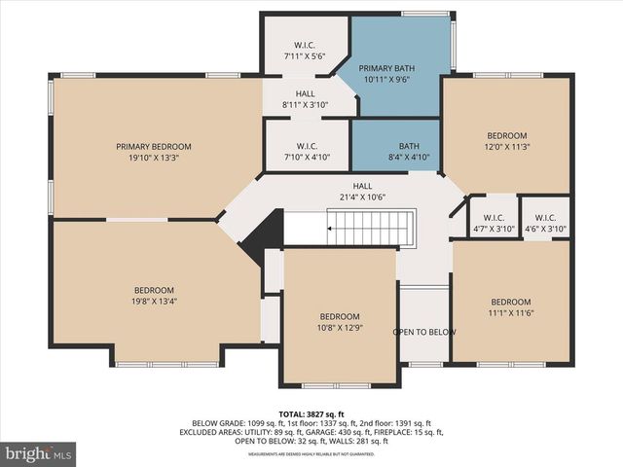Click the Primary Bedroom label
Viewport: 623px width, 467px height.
coord(154,146)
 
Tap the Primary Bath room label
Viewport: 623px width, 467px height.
coord(386,68)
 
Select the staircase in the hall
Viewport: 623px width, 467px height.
coord(371,231)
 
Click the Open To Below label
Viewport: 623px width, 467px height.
coord(424,333)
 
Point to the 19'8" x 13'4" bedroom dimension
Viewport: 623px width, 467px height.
coord(154,302)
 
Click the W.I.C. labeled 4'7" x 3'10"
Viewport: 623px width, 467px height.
coord(493,223)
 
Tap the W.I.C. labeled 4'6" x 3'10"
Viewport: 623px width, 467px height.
coord(545,223)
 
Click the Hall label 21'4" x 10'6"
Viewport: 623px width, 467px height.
coord(362,192)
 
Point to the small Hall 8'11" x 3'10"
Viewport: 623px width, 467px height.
coord(306,99)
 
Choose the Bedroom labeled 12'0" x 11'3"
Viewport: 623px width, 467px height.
coord(506,141)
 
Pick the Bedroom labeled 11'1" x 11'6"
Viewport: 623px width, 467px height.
coord(511,307)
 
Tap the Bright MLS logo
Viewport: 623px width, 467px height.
coord(39,453)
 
